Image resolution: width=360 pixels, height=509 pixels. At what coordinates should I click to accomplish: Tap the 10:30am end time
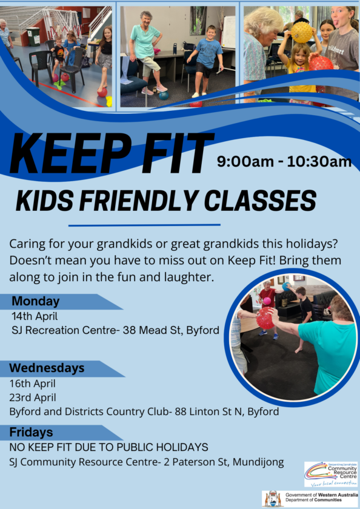tap(319, 162)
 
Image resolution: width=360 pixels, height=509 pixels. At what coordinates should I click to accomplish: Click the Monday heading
tap(36, 302)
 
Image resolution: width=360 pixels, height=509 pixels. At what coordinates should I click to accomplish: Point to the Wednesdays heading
tap(47, 368)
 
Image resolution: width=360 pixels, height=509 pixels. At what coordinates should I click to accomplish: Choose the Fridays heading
tap(31, 433)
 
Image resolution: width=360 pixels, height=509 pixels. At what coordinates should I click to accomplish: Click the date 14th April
tap(35, 316)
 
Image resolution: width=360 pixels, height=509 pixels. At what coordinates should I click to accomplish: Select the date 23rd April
tap(33, 398)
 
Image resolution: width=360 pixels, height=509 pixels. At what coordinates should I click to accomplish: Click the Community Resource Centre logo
tap(331, 474)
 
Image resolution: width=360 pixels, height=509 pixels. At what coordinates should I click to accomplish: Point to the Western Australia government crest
tap(273, 499)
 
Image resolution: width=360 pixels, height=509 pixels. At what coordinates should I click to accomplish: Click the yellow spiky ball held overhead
tap(302, 32)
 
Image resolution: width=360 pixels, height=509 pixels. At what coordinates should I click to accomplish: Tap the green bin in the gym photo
tap(33, 36)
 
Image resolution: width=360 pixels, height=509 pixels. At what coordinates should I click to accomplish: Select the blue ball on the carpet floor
tap(164, 96)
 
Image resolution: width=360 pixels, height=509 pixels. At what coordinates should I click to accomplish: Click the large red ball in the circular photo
tap(265, 318)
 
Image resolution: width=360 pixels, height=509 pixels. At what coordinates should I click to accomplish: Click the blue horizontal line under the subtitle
tap(144, 225)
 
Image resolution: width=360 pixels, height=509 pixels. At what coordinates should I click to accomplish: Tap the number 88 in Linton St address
tap(181, 411)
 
